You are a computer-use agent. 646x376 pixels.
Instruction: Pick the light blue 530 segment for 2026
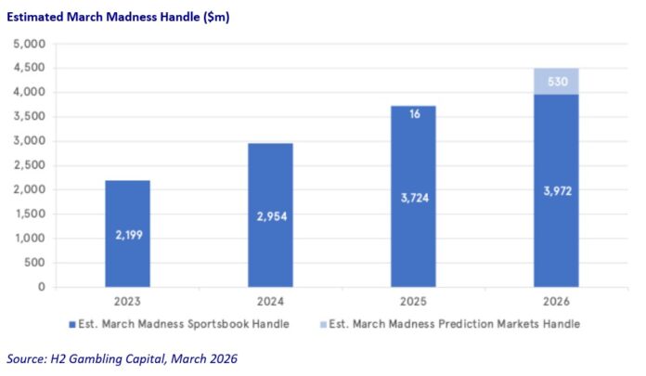pyautogui.click(x=556, y=81)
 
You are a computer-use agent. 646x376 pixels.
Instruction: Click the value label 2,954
pyautogui.click(x=270, y=217)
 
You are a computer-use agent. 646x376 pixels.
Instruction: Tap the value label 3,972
pyautogui.click(x=556, y=191)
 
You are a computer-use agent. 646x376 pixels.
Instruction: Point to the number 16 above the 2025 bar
pyautogui.click(x=413, y=113)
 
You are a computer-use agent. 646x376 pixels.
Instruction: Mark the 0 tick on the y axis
pyautogui.click(x=40, y=287)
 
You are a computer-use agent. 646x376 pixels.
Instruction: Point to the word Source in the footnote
pyautogui.click(x=27, y=357)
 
